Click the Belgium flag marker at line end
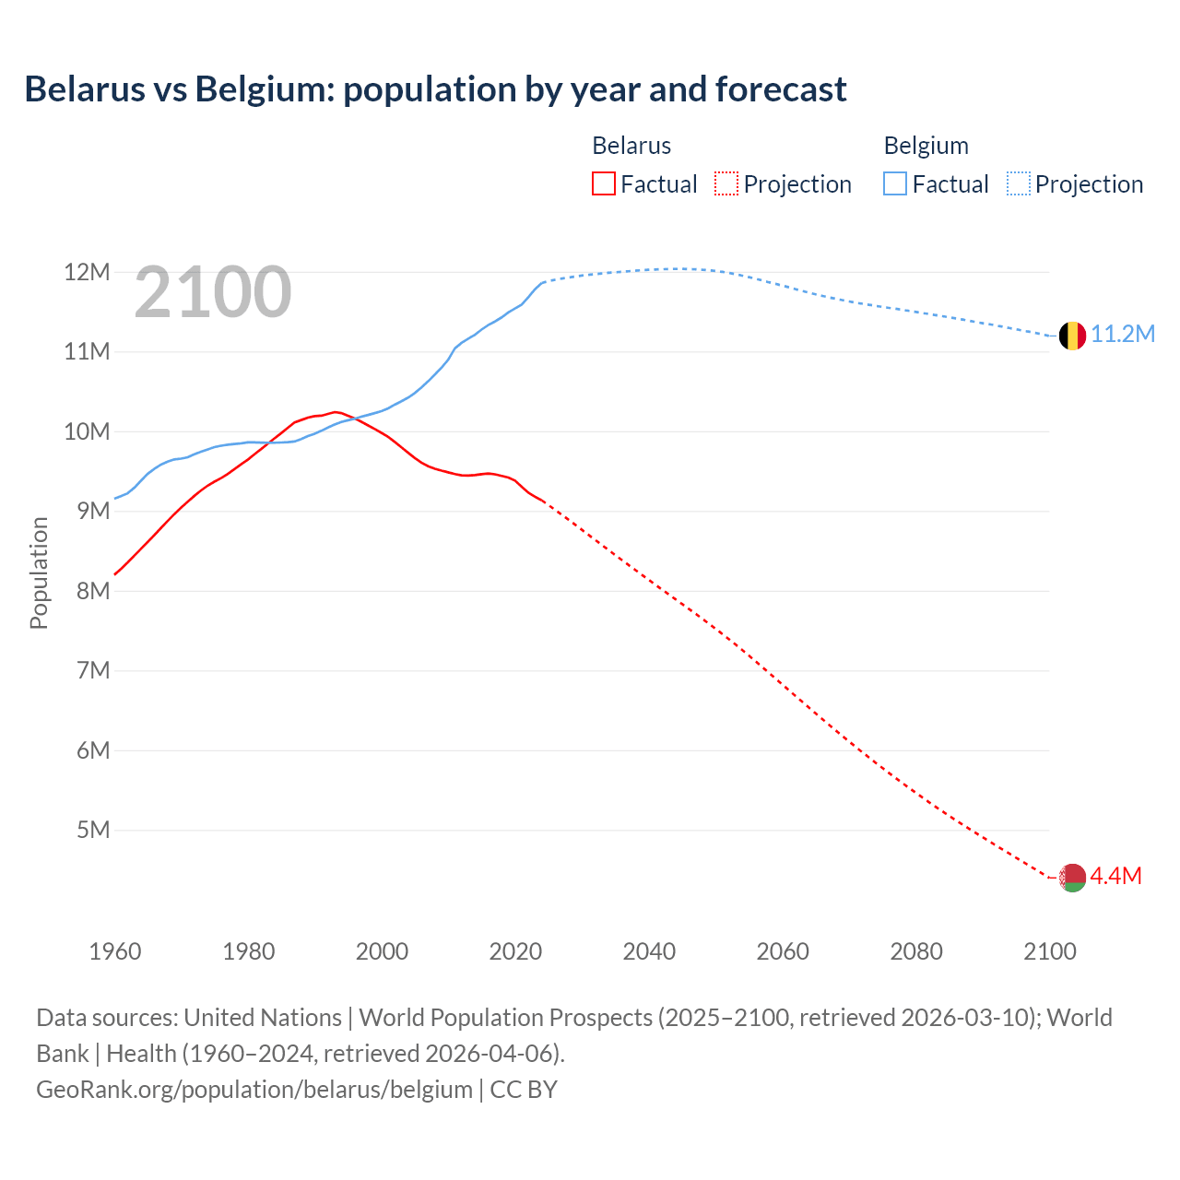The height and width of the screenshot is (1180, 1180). click(1072, 336)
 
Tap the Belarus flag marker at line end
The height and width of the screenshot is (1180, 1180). click(1072, 878)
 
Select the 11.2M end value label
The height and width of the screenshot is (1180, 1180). click(1123, 334)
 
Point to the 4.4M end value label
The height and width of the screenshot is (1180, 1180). click(1115, 876)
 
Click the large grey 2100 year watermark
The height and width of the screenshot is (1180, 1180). click(213, 293)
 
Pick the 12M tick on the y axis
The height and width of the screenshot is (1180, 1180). click(87, 272)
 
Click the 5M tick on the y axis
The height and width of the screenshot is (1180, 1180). click(93, 830)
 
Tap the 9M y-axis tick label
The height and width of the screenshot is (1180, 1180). click(93, 511)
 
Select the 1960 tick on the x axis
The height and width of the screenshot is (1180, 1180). click(115, 951)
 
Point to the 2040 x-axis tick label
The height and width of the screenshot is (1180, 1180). click(649, 951)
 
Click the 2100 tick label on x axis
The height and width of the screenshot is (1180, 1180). click(1050, 951)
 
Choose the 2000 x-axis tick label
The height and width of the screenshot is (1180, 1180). click(382, 951)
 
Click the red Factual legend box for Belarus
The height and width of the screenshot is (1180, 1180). click(604, 183)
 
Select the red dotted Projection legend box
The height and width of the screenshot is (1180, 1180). click(726, 183)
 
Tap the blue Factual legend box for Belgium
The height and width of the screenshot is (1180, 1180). click(895, 183)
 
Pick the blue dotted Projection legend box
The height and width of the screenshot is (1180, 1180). click(1019, 183)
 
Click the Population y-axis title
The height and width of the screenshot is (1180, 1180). click(39, 572)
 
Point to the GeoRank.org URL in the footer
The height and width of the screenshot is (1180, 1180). click(254, 1090)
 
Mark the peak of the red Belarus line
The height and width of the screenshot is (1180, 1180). click(336, 411)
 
